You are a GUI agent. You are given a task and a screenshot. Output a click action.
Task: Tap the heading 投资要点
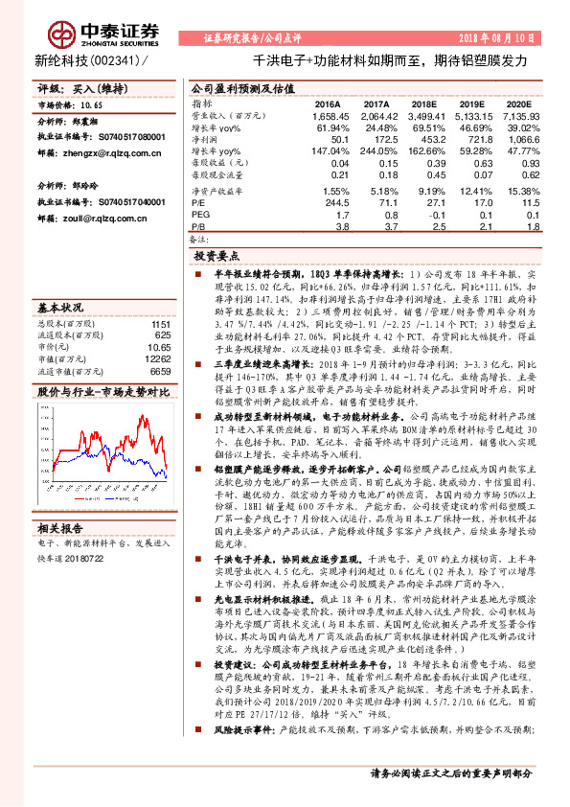click(217, 257)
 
